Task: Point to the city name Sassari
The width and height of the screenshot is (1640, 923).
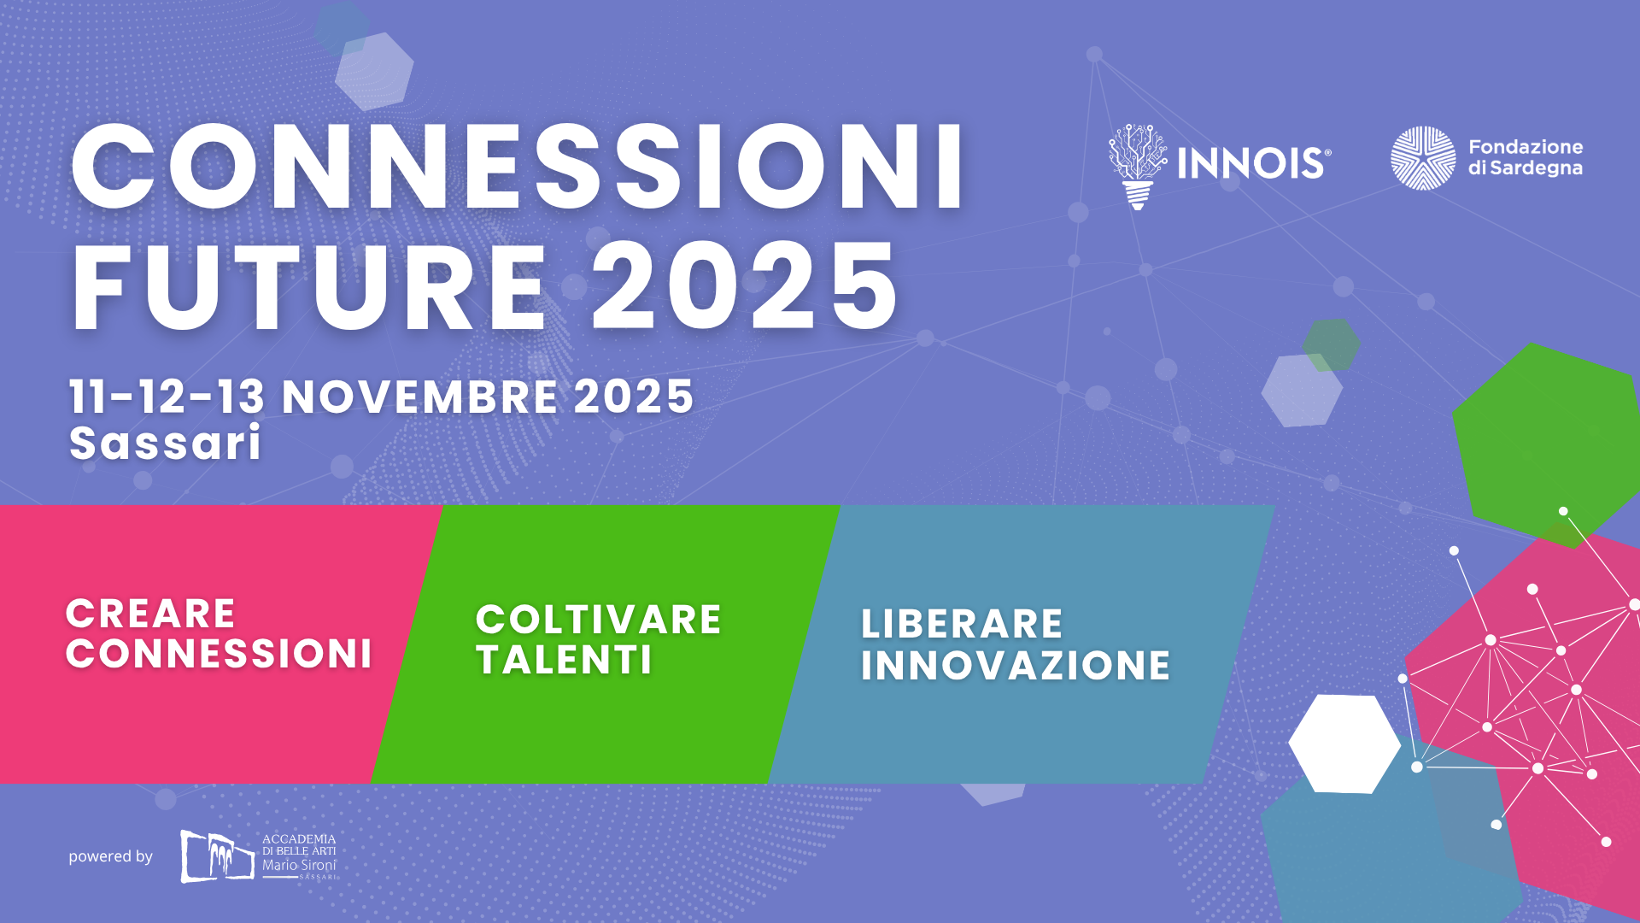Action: coord(165,443)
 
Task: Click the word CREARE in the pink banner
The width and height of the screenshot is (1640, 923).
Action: coord(150,614)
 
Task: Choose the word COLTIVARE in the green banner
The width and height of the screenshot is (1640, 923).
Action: coord(598,620)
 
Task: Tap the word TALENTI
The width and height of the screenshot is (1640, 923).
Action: coord(564,660)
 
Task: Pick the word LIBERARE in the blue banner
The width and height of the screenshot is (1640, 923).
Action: coord(962,624)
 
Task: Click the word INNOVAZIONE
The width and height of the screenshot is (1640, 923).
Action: coord(1015,666)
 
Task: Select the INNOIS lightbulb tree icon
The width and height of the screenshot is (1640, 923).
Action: coord(1137,167)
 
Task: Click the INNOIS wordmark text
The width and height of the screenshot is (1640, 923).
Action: coord(1254,163)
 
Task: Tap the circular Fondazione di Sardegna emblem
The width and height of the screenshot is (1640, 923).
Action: coord(1423,158)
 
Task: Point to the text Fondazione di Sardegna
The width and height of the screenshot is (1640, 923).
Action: coord(1526,157)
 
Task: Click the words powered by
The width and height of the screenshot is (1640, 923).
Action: coord(110,856)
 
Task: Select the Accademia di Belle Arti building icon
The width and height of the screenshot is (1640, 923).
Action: coord(217,855)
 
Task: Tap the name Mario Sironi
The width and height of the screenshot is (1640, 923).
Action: coord(299,865)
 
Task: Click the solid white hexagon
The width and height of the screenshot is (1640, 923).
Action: coord(1344,744)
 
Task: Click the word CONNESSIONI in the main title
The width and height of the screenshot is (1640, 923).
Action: coord(518,167)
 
